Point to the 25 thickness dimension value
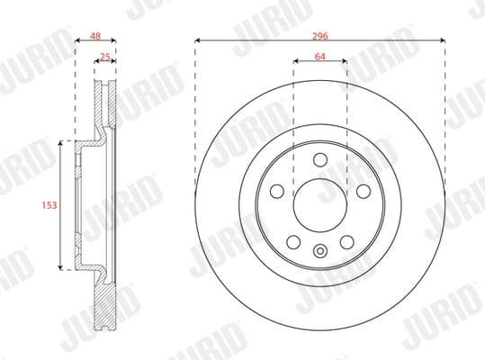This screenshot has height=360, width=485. point(104,58)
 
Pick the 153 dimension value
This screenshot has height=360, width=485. point(49,205)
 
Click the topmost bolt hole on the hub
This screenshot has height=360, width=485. point(320,159)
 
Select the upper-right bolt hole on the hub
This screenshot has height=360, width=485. point(363,191)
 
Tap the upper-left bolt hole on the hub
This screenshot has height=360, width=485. point(278,191)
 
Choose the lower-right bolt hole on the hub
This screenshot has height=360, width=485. point(346,241)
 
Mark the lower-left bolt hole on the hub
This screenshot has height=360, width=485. point(294,241)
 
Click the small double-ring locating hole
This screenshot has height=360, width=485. point(320,252)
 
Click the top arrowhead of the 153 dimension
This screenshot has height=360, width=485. point(61,142)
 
